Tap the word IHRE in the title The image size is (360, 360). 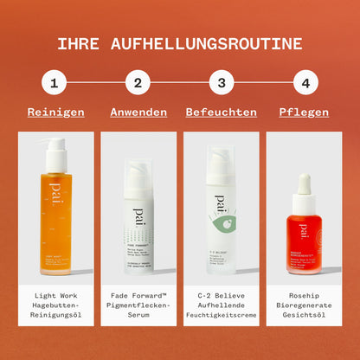pos(76,43)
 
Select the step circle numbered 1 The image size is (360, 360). pos(55,83)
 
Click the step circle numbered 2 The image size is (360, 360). pos(138,83)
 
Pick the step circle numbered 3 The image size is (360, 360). pos(222,83)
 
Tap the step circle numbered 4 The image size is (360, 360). pos(305,83)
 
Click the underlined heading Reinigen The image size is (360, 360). pos(55,112)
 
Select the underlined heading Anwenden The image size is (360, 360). pos(138,112)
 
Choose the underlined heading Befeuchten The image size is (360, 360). pos(222,112)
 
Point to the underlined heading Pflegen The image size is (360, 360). pos(305,112)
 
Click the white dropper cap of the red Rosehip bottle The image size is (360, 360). pos(304,185)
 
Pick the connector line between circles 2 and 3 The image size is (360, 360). pos(179,83)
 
